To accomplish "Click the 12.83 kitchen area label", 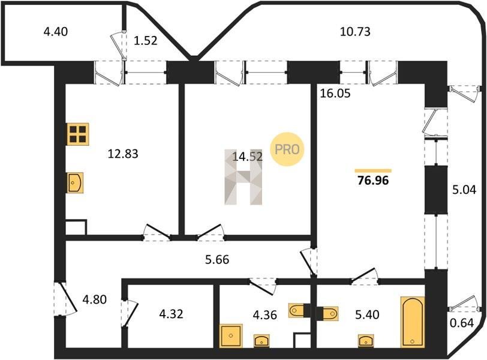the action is (123, 154).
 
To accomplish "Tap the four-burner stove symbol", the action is (77, 134).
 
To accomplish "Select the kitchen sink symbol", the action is (75, 182).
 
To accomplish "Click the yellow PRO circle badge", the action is (287, 149).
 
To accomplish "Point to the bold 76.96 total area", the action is (373, 180).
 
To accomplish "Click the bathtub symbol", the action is (413, 322).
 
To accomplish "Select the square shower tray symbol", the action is (231, 336).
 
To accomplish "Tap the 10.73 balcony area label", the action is (355, 32).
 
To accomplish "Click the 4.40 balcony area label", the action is (56, 32).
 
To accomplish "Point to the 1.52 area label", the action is (145, 41).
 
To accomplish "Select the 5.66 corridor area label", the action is (217, 259).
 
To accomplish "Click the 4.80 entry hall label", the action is (94, 299).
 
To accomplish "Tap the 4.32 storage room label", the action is (171, 314).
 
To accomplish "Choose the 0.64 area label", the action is (462, 323).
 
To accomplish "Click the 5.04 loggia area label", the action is (464, 190).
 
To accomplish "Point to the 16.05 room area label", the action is (335, 93).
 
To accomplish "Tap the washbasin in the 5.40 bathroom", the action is (366, 341).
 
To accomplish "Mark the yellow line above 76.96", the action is (373, 170).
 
